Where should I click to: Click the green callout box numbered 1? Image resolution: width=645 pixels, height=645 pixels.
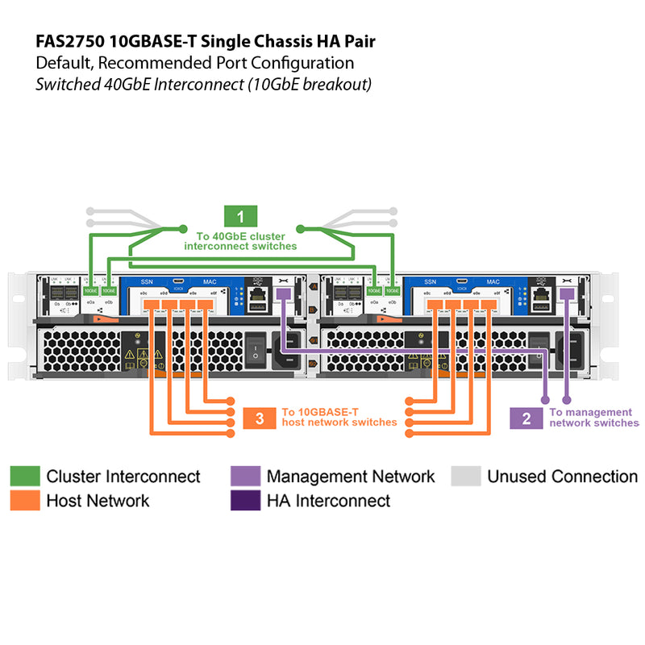click(x=240, y=216)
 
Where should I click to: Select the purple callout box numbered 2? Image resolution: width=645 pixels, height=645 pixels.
click(x=526, y=418)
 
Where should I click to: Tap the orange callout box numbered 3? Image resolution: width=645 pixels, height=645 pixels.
click(x=259, y=418)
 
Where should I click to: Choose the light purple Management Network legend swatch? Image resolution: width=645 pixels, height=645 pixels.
click(x=245, y=476)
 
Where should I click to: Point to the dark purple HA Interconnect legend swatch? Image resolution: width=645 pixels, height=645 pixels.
click(x=245, y=501)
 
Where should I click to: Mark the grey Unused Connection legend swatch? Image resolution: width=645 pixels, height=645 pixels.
click(x=465, y=476)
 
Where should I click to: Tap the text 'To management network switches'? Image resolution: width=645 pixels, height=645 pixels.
click(x=593, y=418)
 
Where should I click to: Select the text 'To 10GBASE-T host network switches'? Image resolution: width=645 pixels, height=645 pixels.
click(x=339, y=417)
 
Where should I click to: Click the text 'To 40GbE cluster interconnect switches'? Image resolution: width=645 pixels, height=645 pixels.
click(x=240, y=241)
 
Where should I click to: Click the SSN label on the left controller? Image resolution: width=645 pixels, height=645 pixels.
click(x=147, y=281)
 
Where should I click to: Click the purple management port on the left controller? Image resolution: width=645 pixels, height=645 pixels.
click(x=284, y=295)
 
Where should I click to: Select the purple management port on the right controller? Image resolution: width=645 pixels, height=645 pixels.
click(x=567, y=295)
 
